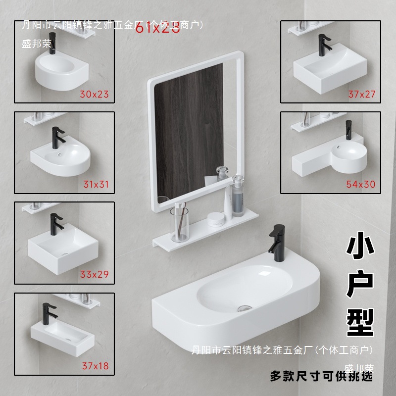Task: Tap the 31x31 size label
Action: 96,185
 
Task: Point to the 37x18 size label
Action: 95,366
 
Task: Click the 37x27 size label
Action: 361,94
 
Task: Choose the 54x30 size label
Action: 361,185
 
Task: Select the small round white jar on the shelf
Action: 215,218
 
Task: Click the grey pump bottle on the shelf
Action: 238,198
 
